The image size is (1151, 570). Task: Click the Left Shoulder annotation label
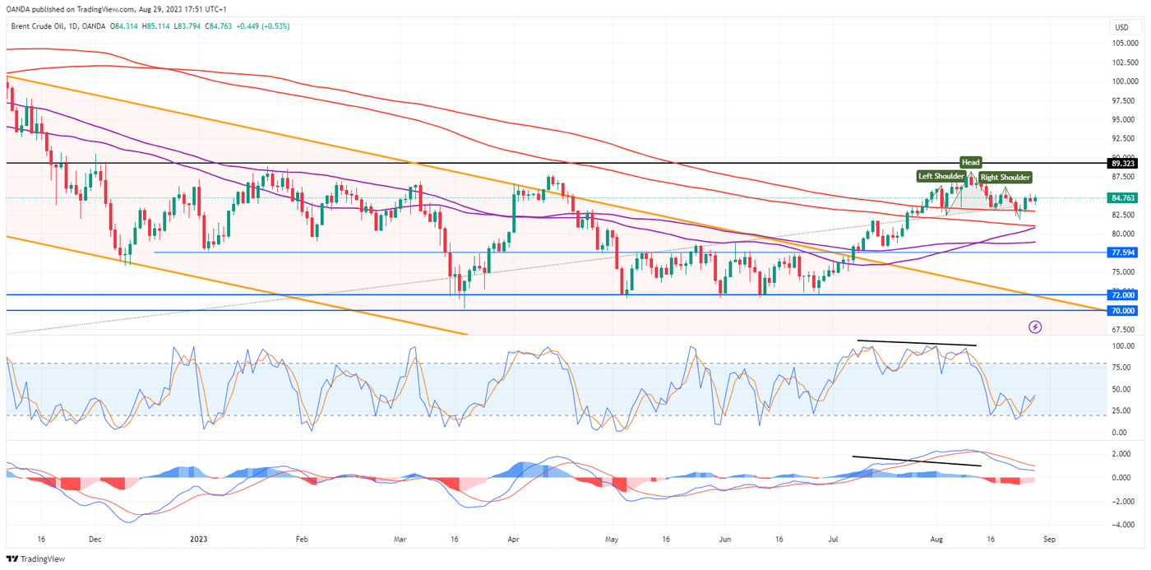941,176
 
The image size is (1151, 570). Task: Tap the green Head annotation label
971,163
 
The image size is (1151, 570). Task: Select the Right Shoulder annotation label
1005,177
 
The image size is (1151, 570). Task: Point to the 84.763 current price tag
1121,198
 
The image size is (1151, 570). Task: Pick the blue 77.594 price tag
1121,253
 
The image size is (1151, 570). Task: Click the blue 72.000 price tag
1121,294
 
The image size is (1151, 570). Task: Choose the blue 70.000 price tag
1121,310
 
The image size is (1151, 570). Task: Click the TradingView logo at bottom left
36,558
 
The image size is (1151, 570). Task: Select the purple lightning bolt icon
1035,327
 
